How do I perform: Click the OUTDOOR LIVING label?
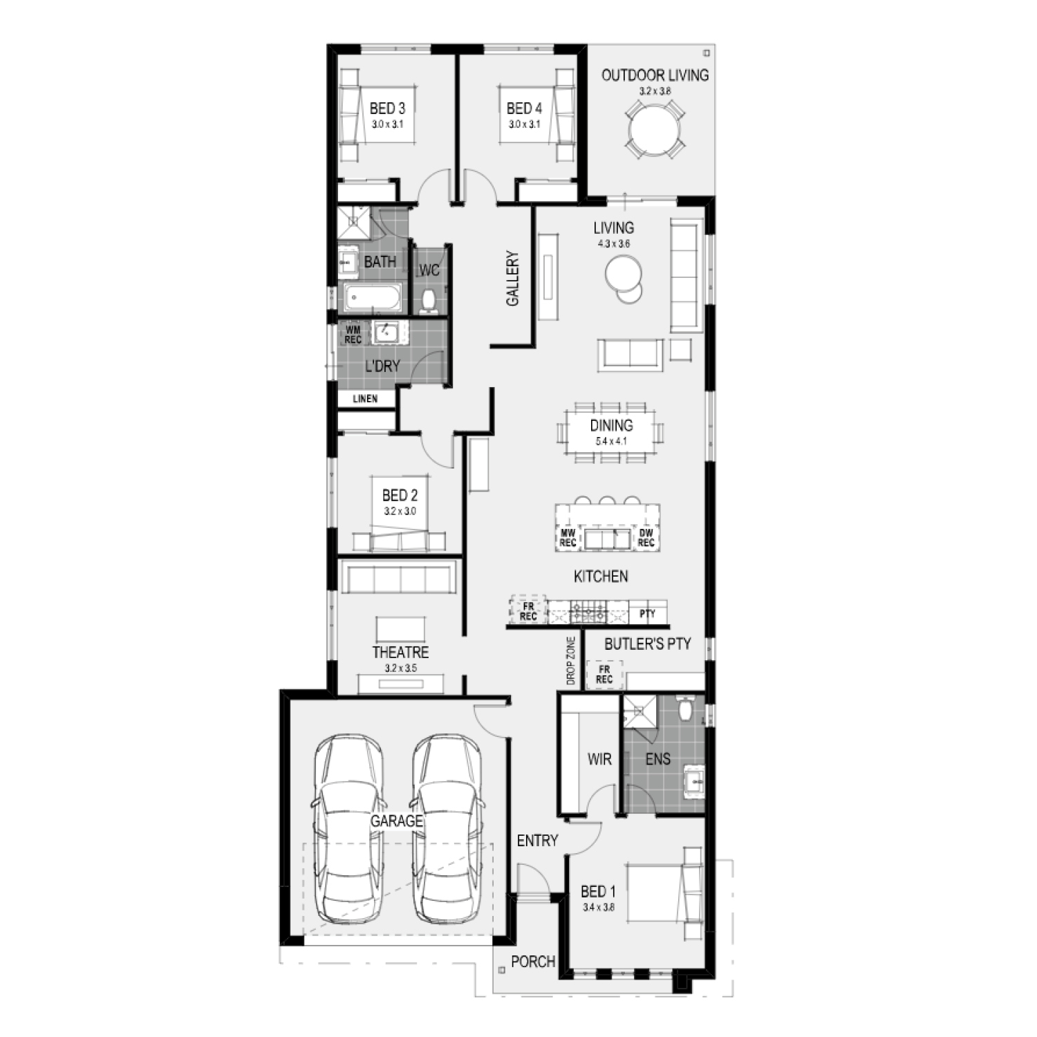[x=655, y=75]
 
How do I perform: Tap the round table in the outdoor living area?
[x=655, y=129]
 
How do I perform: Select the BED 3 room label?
[x=387, y=109]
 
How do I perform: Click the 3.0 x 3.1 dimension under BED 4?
[x=524, y=124]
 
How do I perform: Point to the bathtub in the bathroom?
[x=373, y=299]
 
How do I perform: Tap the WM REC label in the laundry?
[x=353, y=335]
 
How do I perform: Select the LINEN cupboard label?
[x=365, y=399]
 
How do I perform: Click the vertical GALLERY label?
[x=513, y=279]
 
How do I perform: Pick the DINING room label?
[x=611, y=425]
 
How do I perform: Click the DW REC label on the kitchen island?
[x=646, y=538]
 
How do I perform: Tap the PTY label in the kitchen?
[x=648, y=613]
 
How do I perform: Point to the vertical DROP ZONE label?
[x=571, y=660]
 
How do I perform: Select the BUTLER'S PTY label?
[x=648, y=644]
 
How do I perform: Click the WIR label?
[x=599, y=759]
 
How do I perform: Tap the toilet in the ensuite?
[x=686, y=709]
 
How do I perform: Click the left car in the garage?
[x=349, y=828]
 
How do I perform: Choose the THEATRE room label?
[x=400, y=652]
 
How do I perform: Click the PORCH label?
[x=533, y=961]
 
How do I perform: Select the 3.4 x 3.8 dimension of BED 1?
[x=599, y=908]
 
